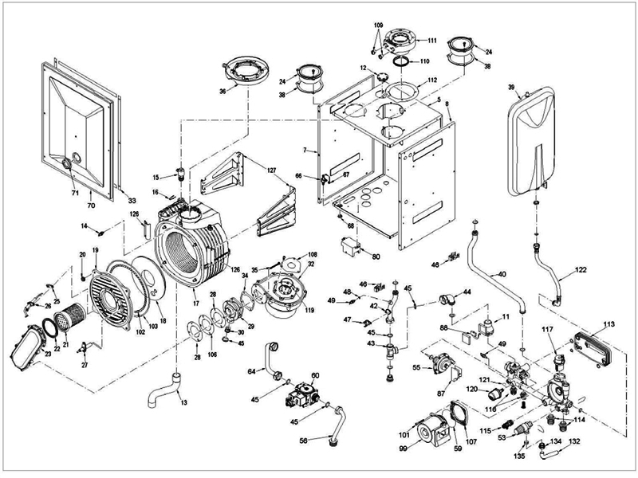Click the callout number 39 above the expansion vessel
coord(512,84)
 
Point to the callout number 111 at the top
coord(431,40)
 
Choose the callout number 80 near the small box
coord(376,257)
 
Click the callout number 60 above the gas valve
coord(315,374)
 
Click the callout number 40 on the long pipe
coord(502,275)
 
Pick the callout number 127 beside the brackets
coord(272,170)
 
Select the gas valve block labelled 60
coord(306,395)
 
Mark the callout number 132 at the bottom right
coord(574,440)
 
